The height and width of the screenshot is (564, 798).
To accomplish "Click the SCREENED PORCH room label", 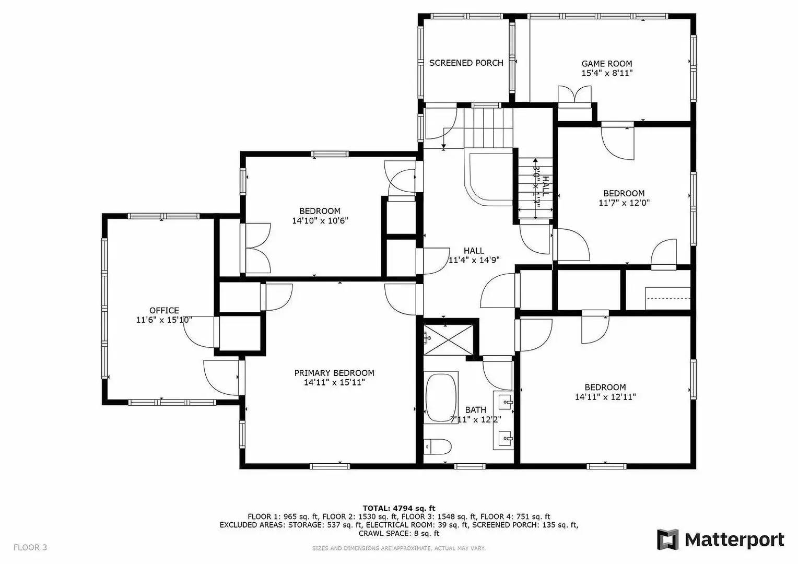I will tap(466, 63).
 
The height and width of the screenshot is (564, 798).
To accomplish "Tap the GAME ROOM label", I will tap(607, 64).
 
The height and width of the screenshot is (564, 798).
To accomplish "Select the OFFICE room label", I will tap(164, 311).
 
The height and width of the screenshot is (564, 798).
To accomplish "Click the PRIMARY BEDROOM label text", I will tap(334, 373).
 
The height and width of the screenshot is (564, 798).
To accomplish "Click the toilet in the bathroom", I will tap(438, 447).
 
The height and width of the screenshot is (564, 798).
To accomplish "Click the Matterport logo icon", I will tap(667, 539).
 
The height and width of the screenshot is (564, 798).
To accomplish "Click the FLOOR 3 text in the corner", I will tap(30, 547).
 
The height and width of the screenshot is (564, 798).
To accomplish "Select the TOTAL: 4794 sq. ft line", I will tap(399, 508).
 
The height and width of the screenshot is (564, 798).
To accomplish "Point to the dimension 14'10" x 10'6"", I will tap(320, 221).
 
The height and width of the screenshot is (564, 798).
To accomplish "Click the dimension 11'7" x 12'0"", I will tap(624, 203).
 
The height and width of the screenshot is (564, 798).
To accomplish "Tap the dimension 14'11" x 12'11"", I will tap(605, 397).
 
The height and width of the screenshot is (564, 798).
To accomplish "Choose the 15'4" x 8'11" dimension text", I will tap(607, 74).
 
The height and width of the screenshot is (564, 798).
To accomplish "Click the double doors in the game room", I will tap(574, 95).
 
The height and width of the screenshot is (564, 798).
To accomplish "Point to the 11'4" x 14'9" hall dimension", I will tap(474, 261).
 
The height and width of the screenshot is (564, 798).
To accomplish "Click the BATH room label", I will tap(475, 410).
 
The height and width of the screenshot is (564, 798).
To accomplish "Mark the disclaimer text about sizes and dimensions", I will tap(398, 548).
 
